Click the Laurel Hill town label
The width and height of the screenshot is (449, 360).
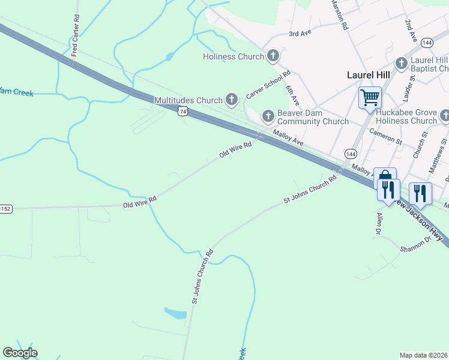(369, 75)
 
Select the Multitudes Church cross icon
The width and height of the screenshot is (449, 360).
(232, 100)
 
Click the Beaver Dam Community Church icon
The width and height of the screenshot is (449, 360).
(267, 115)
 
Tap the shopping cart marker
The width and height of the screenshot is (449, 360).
(370, 97)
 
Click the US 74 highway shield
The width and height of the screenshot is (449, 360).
(182, 112)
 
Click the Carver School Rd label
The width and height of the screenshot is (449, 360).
(268, 85)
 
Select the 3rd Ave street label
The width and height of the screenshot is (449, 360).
(300, 34)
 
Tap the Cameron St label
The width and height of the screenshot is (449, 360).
(385, 136)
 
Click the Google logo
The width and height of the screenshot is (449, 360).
(20, 352)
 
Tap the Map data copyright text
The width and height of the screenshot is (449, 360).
(424, 355)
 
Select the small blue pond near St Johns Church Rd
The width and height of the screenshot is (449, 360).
(175, 313)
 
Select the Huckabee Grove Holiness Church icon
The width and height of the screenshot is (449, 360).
(444, 115)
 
